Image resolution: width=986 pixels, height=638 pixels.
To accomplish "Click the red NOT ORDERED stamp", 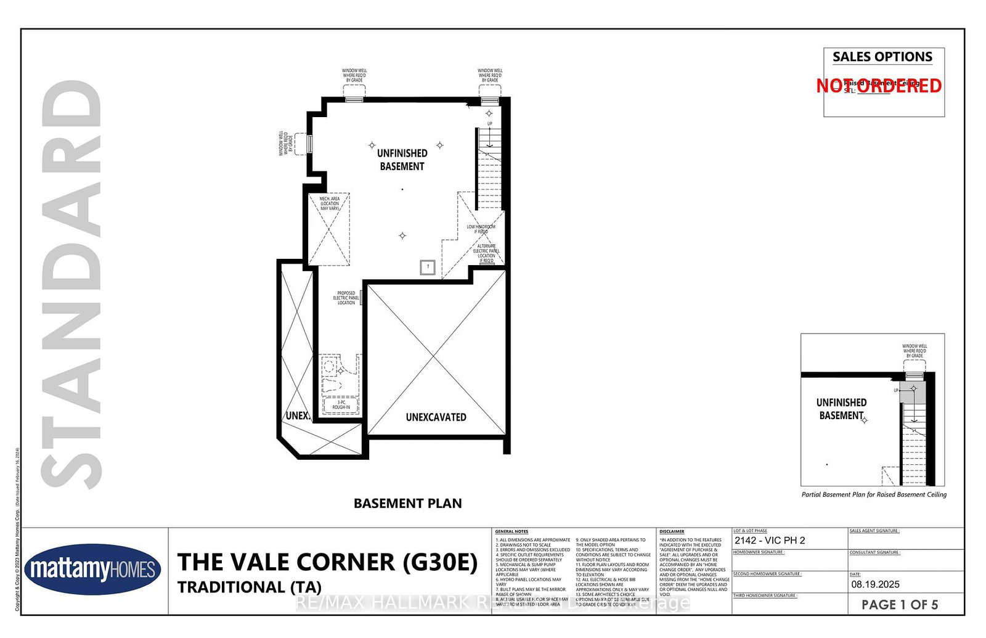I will click(x=879, y=86).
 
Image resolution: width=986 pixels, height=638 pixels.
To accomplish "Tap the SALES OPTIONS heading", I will click(x=882, y=57).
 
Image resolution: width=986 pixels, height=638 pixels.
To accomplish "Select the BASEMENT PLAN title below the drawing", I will click(x=407, y=504).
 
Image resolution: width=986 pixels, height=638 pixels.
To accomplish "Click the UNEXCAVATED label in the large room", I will click(x=436, y=417).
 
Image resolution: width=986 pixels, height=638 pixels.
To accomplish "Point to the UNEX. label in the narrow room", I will click(x=298, y=416).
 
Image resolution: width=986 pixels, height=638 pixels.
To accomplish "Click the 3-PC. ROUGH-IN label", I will click(x=341, y=405).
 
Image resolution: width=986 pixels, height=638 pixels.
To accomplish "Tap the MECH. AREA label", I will click(x=329, y=203).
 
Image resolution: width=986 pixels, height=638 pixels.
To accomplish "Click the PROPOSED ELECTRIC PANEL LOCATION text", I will click(x=346, y=298).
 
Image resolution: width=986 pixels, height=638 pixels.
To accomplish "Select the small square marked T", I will click(x=428, y=267).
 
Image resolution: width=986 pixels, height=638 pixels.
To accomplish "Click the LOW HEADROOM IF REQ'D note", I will click(x=481, y=229).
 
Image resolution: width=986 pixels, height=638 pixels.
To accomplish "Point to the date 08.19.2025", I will click(x=875, y=584).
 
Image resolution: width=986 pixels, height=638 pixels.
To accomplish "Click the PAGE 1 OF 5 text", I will click(x=899, y=605).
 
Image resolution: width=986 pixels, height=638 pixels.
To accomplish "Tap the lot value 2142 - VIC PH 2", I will click(x=769, y=541).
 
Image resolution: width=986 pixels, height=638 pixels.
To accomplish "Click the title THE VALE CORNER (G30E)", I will click(x=327, y=562).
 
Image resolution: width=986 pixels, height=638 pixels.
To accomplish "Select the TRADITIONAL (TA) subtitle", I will click(x=249, y=587).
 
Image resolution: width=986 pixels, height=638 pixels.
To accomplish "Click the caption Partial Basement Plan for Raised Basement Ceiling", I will click(x=873, y=494).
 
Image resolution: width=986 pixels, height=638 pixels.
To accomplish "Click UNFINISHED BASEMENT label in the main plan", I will click(x=402, y=160).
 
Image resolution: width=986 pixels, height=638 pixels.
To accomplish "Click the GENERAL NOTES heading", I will click(x=511, y=531).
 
